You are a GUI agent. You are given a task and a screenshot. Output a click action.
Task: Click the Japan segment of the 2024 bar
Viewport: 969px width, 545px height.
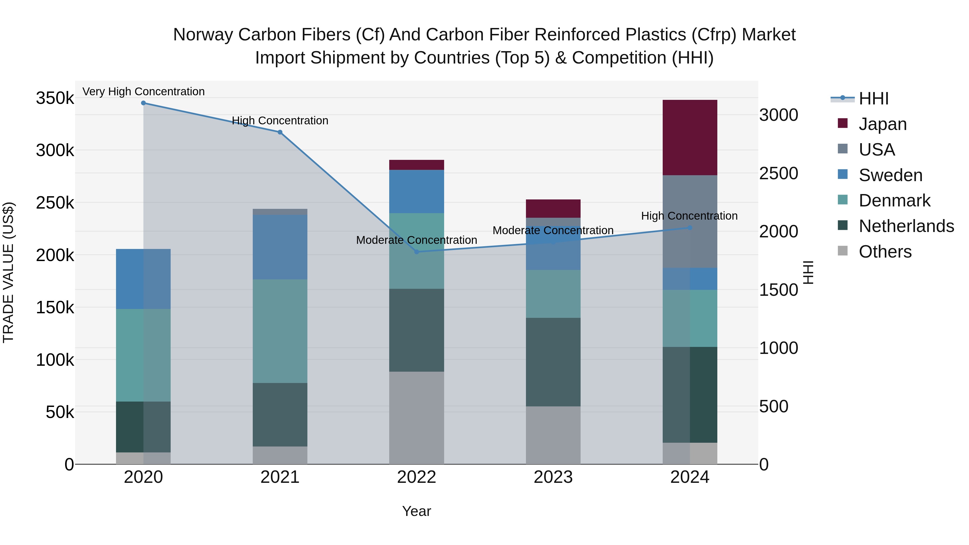(x=690, y=137)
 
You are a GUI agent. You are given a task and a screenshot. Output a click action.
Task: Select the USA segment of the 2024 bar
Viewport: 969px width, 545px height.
(x=690, y=221)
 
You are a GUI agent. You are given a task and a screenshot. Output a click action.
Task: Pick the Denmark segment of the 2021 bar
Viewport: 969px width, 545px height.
(x=280, y=331)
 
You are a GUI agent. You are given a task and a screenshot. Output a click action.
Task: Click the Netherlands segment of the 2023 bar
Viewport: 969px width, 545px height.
(x=553, y=362)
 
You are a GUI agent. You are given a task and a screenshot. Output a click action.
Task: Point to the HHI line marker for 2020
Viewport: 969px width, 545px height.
(x=143, y=103)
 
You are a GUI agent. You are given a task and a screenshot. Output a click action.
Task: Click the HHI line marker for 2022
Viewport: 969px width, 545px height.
(x=416, y=252)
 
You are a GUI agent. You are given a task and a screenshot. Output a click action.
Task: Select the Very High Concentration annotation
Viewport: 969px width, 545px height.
(x=143, y=92)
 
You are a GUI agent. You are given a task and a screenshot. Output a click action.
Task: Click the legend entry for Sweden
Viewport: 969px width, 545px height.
(x=890, y=175)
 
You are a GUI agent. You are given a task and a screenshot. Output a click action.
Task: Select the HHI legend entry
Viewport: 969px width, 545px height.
(x=873, y=99)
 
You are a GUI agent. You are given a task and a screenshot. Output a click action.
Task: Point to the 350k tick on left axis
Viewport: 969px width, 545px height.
(x=55, y=98)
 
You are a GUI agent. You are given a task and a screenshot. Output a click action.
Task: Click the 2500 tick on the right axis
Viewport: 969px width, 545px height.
(x=778, y=173)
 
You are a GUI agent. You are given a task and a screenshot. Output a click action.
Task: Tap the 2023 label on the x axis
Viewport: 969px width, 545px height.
(x=553, y=477)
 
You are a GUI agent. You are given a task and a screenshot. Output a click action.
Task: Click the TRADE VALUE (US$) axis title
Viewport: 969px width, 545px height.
(x=8, y=272)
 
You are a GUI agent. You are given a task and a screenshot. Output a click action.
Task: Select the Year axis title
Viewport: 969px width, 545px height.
(x=416, y=511)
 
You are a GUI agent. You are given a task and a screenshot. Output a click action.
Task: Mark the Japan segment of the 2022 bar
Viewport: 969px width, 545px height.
(x=416, y=165)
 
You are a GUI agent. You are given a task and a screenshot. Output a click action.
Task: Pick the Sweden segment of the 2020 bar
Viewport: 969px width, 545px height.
(x=143, y=279)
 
